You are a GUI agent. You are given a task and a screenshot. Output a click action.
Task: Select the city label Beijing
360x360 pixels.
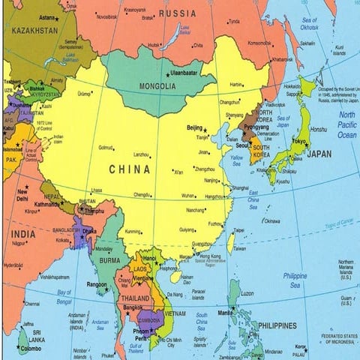[x=195, y=127]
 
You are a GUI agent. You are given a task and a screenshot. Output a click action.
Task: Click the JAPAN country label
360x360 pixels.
[x=319, y=154]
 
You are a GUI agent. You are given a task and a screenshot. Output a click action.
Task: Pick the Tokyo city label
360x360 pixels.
[x=299, y=142]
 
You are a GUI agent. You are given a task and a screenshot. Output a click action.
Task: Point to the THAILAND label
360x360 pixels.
[x=136, y=297]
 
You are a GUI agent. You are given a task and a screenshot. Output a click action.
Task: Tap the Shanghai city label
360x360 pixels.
[x=240, y=187]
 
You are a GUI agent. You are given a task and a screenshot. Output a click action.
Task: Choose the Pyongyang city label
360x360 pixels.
[x=256, y=127]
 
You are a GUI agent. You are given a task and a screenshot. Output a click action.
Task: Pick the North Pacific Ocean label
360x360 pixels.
[x=347, y=124]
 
